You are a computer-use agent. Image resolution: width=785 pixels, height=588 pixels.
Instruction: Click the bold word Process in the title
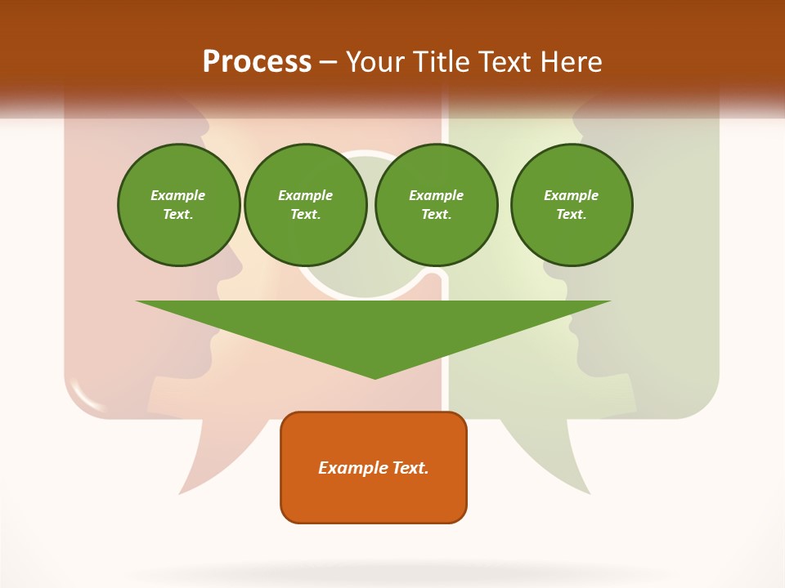(x=257, y=62)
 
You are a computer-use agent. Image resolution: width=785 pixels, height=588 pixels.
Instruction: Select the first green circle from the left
(x=178, y=205)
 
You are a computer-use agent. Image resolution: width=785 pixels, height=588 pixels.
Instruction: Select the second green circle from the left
(x=305, y=205)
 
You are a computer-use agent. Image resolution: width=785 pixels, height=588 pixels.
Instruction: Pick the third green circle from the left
(x=436, y=205)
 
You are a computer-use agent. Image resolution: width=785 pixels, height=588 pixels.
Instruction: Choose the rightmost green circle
(x=571, y=205)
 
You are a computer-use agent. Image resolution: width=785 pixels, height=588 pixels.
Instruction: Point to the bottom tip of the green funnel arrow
(x=375, y=376)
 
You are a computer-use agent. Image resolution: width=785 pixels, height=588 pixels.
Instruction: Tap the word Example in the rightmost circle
(x=571, y=195)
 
